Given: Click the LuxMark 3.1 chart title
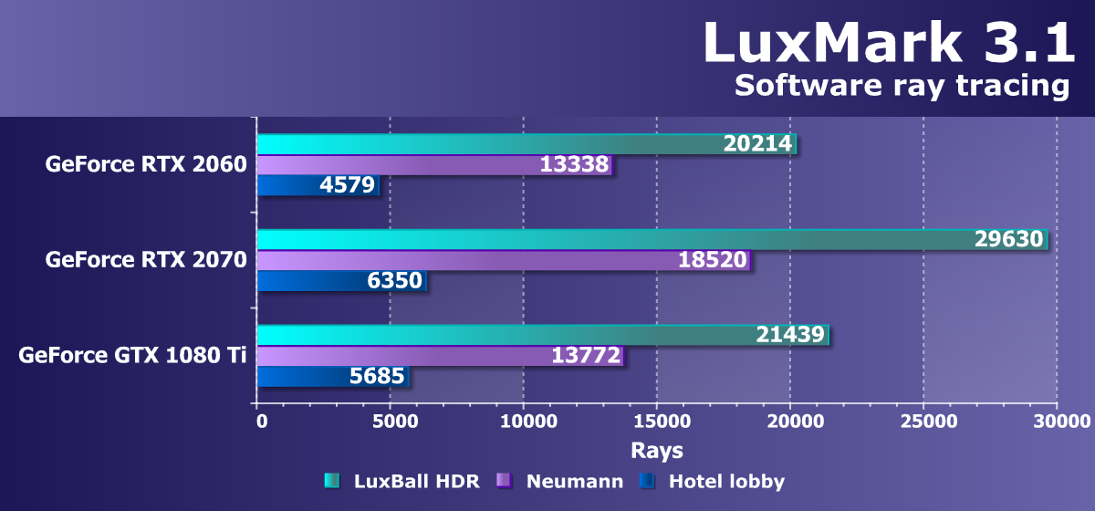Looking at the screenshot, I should [889, 43].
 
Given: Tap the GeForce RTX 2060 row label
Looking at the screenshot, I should [146, 165].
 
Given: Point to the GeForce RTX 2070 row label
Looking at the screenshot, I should [146, 260].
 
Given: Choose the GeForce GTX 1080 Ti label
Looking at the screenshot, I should [132, 355].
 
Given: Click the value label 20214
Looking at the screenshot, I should [757, 144].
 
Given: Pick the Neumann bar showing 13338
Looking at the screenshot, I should [433, 165].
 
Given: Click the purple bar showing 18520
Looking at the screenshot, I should [502, 260].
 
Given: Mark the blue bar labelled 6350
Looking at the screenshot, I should [341, 281].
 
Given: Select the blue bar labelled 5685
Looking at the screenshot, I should [332, 376].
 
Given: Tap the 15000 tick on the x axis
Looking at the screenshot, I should [657, 422].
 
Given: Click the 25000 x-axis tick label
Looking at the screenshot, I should [923, 422].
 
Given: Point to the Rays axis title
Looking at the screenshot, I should [657, 451].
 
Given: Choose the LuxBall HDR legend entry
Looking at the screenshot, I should [401, 481].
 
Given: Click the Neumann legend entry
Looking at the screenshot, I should [560, 481].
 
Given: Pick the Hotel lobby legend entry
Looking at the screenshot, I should [713, 481].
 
